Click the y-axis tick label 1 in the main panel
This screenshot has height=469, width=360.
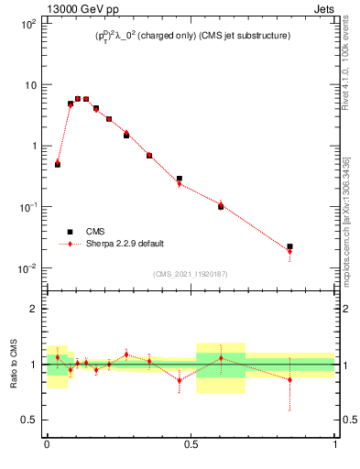click(33, 147)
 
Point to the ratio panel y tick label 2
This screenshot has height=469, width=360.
click(34, 310)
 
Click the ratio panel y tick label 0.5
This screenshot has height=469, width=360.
click(28, 420)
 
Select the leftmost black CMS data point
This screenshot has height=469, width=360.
click(58, 164)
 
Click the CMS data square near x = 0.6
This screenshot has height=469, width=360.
click(221, 206)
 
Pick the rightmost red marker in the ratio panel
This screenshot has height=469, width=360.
click(289, 379)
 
